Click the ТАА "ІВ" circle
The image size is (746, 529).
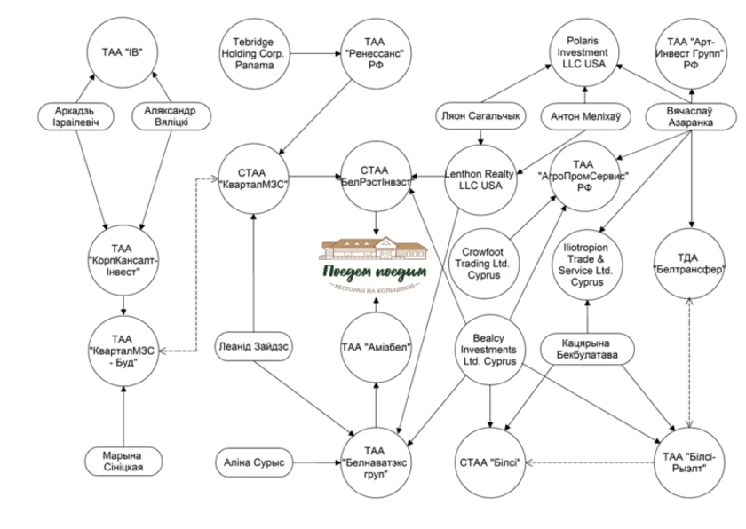tap(123, 52)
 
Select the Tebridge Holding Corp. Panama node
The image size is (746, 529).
tap(254, 54)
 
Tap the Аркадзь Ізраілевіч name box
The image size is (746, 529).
tap(75, 117)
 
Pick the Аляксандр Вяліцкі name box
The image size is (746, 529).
tap(171, 117)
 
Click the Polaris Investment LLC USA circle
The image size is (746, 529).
tap(583, 52)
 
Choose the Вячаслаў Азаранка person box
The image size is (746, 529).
tap(690, 117)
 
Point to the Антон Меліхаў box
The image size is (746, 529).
tap(585, 117)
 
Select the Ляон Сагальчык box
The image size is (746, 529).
tap(480, 116)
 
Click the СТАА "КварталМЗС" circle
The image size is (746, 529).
tap(254, 178)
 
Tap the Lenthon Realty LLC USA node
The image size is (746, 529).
tap(480, 179)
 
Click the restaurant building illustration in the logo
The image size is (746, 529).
tap(375, 249)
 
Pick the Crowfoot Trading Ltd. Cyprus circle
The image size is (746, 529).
tap(484, 264)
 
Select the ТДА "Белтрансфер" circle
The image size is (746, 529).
tap(690, 264)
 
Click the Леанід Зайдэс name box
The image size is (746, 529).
tap(254, 346)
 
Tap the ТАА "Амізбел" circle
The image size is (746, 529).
tap(376, 347)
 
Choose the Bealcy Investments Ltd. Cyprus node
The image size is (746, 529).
tap(489, 350)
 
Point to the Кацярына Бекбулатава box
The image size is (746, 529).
tap(587, 350)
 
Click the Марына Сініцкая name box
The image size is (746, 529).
tap(123, 461)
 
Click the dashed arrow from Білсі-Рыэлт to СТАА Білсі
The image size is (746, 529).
tap(590, 462)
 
